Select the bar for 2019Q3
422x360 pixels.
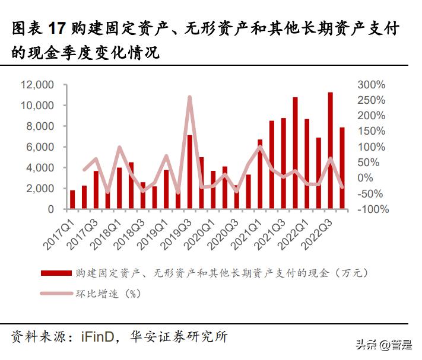point(189,172)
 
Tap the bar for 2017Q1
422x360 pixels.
point(72,200)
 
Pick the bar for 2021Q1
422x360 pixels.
point(259,174)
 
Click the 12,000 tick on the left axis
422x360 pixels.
point(37,85)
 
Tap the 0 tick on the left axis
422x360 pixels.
point(50,209)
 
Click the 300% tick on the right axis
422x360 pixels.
point(372,85)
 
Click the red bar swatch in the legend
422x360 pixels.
point(56,273)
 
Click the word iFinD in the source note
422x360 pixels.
point(100,336)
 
